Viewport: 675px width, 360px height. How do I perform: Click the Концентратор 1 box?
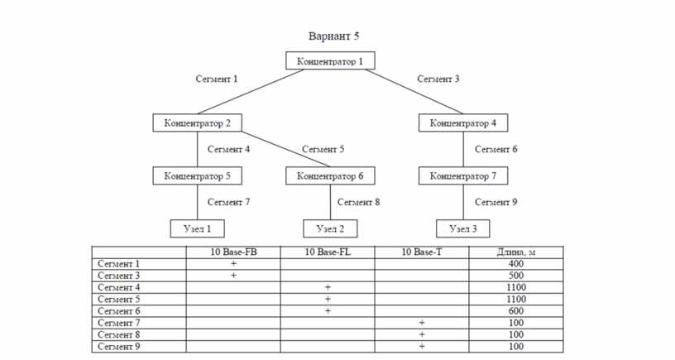330,60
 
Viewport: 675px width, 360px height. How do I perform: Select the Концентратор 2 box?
197,122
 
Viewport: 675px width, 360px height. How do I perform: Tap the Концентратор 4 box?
463,122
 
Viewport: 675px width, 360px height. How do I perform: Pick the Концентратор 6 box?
330,175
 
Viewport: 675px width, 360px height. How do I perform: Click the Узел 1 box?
197,228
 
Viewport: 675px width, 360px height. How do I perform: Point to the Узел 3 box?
462,228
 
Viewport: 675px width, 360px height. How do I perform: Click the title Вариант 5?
333,36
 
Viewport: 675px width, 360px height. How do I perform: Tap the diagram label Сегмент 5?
323,150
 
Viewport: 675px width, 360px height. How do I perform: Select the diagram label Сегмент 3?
438,79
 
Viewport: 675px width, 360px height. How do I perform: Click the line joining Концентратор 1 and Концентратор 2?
251,92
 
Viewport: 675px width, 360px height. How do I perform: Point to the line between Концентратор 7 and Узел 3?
463,203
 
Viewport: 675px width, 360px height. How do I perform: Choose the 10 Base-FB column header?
233,252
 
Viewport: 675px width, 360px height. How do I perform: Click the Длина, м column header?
516,252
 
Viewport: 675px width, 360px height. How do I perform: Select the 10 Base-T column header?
421,252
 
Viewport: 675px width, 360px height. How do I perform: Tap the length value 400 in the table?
516,263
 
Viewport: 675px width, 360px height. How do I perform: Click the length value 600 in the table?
516,311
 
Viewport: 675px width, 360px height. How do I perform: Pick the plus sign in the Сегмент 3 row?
233,275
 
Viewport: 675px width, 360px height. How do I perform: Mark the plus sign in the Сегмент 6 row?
328,311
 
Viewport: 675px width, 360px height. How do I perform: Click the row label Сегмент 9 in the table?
119,346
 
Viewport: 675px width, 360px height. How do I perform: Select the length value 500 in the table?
516,276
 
